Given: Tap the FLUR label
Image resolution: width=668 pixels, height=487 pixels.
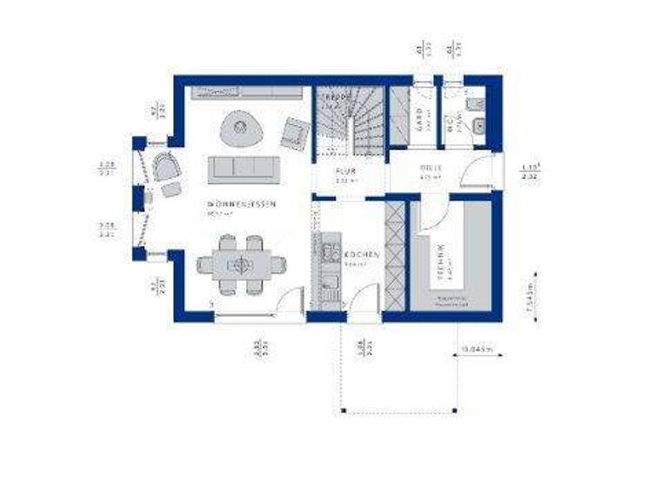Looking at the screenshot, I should [345, 170].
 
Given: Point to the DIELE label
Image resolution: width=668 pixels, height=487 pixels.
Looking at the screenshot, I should [431, 167].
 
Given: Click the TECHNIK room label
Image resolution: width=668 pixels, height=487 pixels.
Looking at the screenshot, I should [441, 261].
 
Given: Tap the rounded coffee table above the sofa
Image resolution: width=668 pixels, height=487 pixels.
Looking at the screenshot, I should [240, 130].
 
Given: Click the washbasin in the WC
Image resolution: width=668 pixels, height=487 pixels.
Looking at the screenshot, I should [478, 129].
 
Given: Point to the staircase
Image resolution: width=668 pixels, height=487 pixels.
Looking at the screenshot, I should [349, 122].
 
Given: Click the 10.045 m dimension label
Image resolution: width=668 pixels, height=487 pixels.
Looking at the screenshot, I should [476, 350].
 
